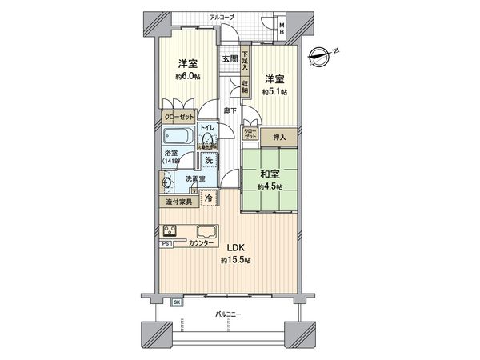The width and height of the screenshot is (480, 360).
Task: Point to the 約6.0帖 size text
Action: (187, 77)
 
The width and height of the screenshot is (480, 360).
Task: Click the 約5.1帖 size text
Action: (275, 91)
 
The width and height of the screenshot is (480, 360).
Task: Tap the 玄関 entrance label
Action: (230, 58)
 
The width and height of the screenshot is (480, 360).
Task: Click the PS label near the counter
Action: (166, 242)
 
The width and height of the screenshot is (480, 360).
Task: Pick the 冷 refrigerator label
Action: (208, 198)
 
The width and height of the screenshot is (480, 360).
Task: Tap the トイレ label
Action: (206, 128)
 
